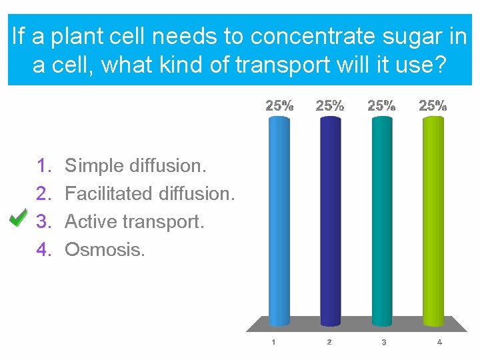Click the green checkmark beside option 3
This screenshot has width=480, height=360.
click(x=19, y=218)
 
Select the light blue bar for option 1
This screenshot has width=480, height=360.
click(x=279, y=220)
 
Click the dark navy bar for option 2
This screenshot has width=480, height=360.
click(x=330, y=220)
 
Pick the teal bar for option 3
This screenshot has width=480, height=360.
click(x=383, y=220)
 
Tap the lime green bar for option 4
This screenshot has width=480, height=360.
click(x=433, y=220)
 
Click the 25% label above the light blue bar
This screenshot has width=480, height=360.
click(x=279, y=105)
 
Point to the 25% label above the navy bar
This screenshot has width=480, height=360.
click(x=330, y=105)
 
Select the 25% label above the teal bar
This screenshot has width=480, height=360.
click(x=382, y=105)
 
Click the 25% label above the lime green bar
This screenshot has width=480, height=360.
click(x=433, y=105)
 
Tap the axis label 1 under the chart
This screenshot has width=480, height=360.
click(x=273, y=342)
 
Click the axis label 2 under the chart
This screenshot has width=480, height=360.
click(x=329, y=342)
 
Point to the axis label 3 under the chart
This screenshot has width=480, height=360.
click(x=384, y=342)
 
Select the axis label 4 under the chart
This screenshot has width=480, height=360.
click(x=439, y=342)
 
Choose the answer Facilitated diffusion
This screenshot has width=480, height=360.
click(x=150, y=193)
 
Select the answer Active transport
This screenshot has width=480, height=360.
click(x=135, y=221)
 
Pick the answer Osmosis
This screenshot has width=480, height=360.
click(x=105, y=250)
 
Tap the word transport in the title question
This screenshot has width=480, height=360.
click(x=293, y=66)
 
